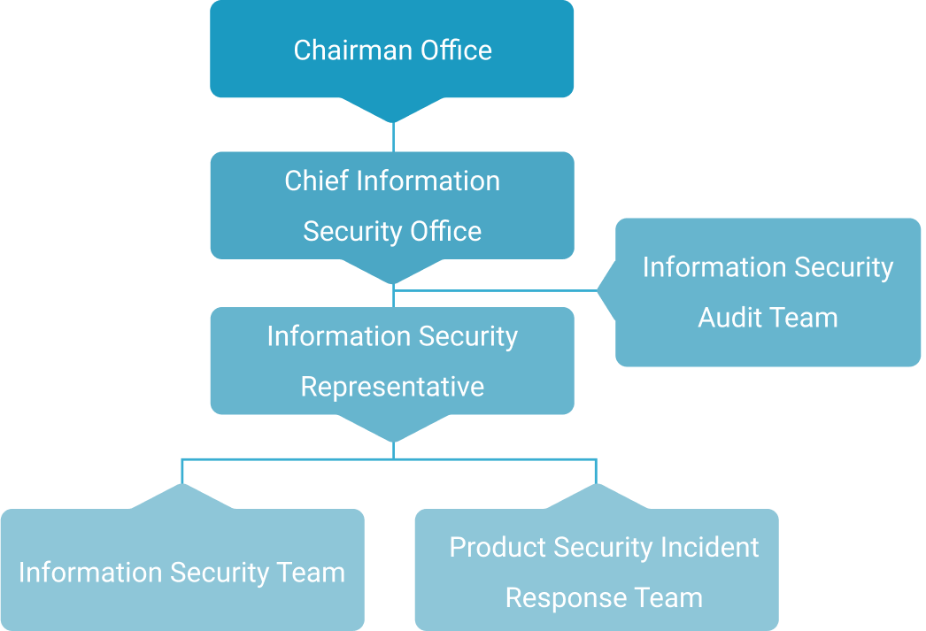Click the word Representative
pos(392,387)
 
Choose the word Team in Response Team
pos(667,597)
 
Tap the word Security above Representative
pos(468,336)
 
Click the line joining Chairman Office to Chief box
pos(393,137)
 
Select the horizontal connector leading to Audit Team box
pos(496,289)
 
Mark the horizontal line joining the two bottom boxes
pos(390,458)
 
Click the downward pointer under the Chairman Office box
pos(392,110)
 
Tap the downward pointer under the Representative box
pos(392,428)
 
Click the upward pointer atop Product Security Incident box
pos(597,496)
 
